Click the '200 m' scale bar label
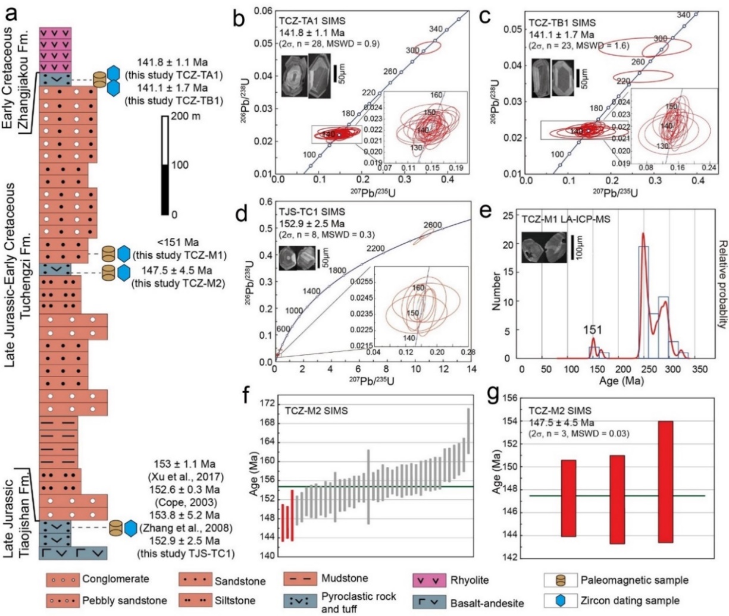pyautogui.click(x=185, y=116)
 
